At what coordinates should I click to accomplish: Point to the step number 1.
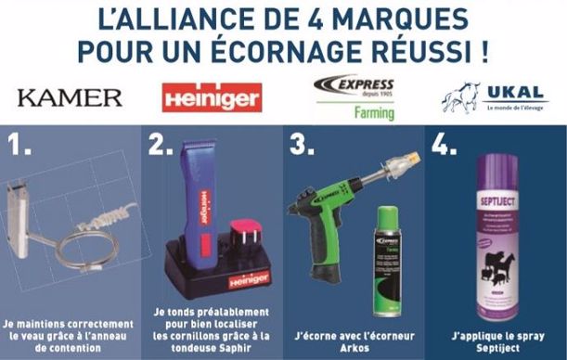point(19,145)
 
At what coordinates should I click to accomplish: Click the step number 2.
point(161,145)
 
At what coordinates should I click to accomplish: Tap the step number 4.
point(443,145)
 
